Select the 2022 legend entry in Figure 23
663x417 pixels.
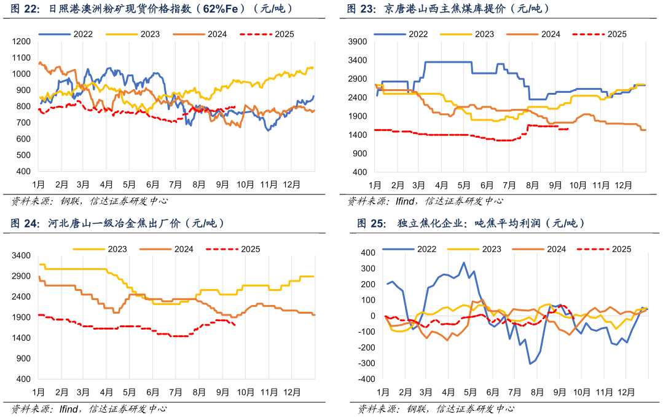pyautogui.click(x=418, y=34)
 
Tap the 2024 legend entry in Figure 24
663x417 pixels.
pyautogui.click(x=182, y=249)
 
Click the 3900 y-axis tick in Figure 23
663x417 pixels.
pyautogui.click(x=357, y=41)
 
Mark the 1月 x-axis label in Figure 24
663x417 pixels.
pyautogui.click(x=38, y=392)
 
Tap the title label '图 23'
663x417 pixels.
pyautogui.click(x=359, y=9)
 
